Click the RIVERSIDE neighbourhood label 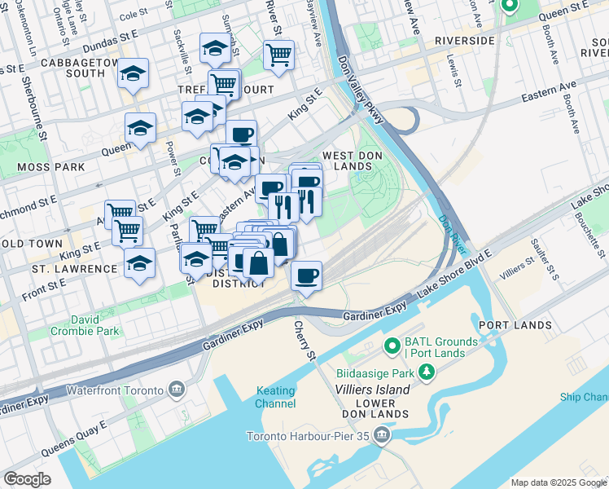465,40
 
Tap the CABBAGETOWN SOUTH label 63,65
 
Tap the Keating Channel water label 275,397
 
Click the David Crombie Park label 85,324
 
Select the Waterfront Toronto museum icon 176,390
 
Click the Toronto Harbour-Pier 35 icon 382,436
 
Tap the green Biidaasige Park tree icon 425,372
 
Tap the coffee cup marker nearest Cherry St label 306,276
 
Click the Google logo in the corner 27,478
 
